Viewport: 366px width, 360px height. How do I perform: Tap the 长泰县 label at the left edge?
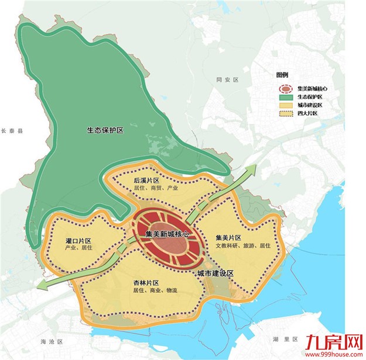[x=11, y=133]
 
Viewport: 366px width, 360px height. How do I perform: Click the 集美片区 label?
[x=229, y=237]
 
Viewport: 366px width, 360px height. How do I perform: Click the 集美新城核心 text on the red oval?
[x=167, y=234]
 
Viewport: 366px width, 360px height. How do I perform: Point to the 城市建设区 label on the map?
[x=216, y=273]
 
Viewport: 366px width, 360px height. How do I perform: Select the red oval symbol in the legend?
[x=285, y=89]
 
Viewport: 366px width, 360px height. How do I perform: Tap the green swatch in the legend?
[x=285, y=97]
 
